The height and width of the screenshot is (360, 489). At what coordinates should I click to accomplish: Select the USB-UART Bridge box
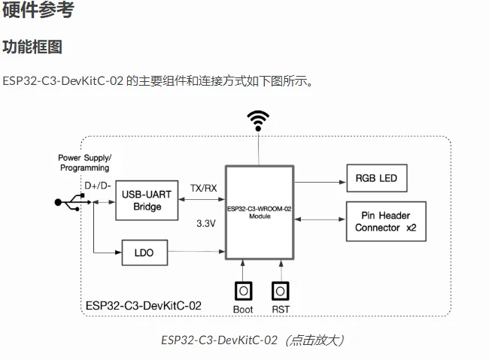click(x=147, y=201)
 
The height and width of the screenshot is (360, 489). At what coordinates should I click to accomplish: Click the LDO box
click(x=144, y=253)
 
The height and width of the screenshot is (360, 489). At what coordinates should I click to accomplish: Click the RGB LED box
click(x=376, y=179)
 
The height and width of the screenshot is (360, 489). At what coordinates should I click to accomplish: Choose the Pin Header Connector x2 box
click(x=387, y=221)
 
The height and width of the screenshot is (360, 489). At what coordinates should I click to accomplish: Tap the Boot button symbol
click(x=243, y=290)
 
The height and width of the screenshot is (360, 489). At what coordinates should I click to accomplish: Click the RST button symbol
click(x=280, y=290)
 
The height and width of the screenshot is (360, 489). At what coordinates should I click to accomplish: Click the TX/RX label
click(x=203, y=188)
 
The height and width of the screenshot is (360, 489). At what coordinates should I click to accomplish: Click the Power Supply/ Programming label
click(x=84, y=162)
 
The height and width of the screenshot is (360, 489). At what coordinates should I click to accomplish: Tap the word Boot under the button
click(x=243, y=309)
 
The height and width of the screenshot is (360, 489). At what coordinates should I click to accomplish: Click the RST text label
click(x=280, y=309)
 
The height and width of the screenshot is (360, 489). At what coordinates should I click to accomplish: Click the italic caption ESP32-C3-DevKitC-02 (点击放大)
click(x=252, y=340)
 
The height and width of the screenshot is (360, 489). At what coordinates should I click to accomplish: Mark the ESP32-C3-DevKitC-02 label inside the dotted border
click(x=143, y=306)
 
